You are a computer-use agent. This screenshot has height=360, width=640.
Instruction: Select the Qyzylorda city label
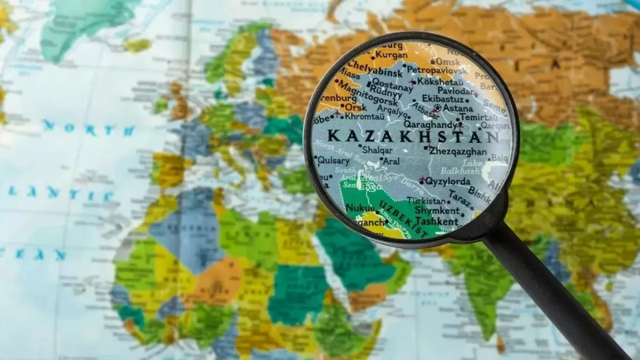[447, 181]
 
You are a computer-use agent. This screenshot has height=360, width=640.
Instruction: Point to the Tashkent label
[436, 221]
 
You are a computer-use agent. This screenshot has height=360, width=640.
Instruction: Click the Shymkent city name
[437, 211]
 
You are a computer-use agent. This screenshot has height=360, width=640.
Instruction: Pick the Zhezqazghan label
[458, 151]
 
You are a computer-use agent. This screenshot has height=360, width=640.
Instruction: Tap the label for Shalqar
[377, 150]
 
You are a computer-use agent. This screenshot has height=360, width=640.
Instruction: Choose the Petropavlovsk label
[437, 70]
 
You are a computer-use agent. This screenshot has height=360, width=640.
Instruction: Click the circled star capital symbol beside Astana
[437, 108]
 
